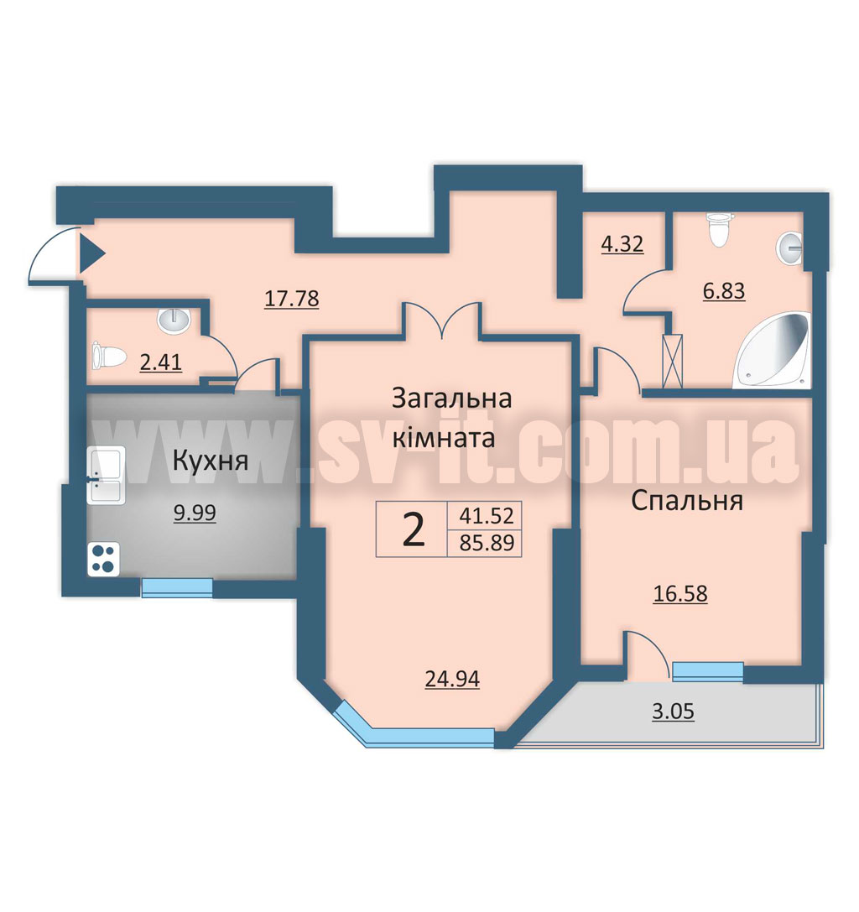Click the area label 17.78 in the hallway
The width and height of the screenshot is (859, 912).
291,299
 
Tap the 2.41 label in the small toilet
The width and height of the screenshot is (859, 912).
161,363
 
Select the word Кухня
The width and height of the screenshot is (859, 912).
211,461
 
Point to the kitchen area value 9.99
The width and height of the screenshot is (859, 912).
195,513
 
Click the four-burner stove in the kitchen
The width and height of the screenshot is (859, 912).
103,559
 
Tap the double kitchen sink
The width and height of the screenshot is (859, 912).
105,476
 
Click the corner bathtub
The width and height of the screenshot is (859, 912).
774,351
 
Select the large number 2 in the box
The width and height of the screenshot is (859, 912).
414,530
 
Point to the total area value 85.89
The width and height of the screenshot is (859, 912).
487,543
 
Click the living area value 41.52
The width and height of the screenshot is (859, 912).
487,515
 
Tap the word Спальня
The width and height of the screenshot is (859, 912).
687,501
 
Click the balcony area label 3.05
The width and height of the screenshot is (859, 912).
674,711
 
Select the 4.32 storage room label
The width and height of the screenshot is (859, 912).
622,243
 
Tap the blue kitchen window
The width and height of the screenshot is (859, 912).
177,587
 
